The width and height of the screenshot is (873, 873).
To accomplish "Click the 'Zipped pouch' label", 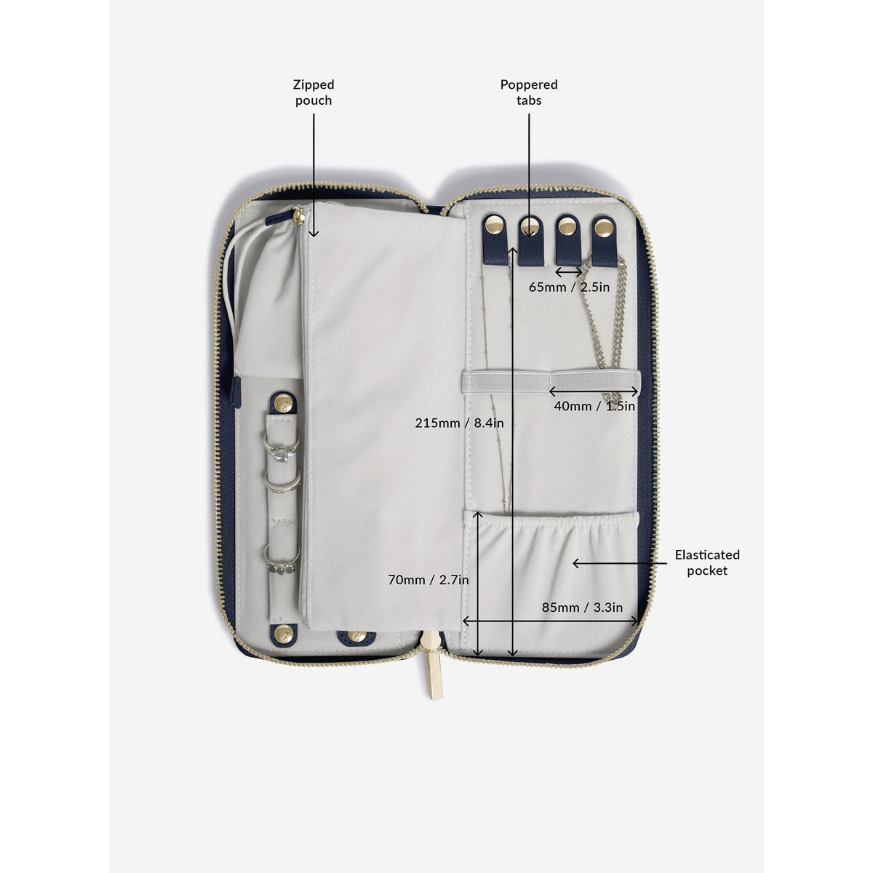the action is (314, 92).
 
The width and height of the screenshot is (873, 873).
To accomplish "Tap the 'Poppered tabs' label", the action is (529, 92).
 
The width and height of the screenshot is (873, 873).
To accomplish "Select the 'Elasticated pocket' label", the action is (706, 562).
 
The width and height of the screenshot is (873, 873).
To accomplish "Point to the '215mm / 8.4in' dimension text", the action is (459, 423).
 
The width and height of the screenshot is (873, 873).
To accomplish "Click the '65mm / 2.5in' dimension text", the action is (569, 287).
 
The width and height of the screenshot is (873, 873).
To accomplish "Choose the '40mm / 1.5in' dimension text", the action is (594, 406).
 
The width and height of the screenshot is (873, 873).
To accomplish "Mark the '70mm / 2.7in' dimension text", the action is (428, 580).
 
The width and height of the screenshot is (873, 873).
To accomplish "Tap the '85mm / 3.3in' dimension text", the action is (582, 607).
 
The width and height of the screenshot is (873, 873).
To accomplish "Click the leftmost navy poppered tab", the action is (495, 239).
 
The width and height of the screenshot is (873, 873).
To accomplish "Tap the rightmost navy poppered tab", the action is (604, 242).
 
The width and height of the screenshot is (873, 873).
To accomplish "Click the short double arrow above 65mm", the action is (569, 272).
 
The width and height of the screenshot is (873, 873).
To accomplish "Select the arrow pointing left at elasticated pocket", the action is (620, 563).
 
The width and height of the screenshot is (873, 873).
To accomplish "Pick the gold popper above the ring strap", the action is (283, 402).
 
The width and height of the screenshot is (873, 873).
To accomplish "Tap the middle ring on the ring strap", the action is (282, 482).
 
